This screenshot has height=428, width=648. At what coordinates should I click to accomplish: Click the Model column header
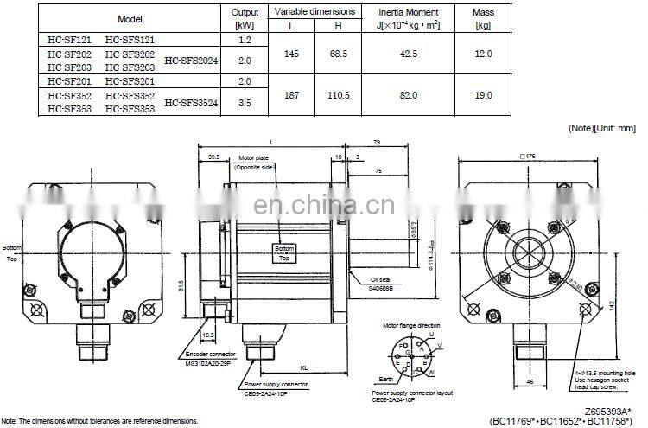point(130,18)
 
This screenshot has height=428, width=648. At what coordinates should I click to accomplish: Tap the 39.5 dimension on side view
point(213,157)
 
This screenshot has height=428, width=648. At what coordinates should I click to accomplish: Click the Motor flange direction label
point(410,326)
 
